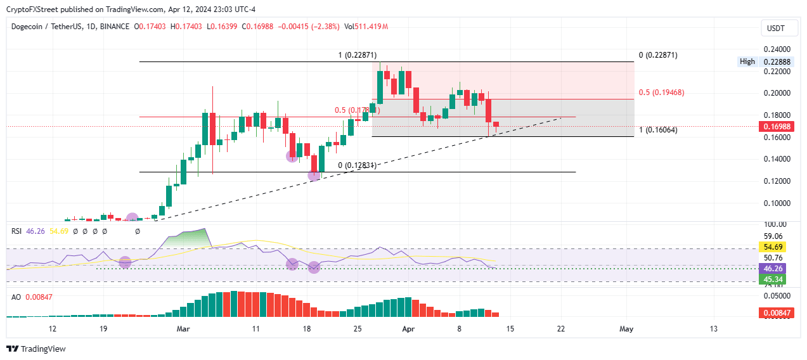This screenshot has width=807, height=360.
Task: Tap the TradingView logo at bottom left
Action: tap(36, 349)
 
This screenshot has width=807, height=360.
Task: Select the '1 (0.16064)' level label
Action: tap(658, 130)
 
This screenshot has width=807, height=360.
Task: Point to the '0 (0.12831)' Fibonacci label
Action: tap(358, 165)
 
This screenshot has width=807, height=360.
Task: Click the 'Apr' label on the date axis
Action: tap(409, 329)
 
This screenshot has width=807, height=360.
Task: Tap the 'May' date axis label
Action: tap(626, 329)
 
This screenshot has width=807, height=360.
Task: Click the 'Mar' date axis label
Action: tap(183, 329)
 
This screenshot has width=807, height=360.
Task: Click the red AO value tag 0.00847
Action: tap(774, 312)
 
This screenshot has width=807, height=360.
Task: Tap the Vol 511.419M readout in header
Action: tap(366, 27)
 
